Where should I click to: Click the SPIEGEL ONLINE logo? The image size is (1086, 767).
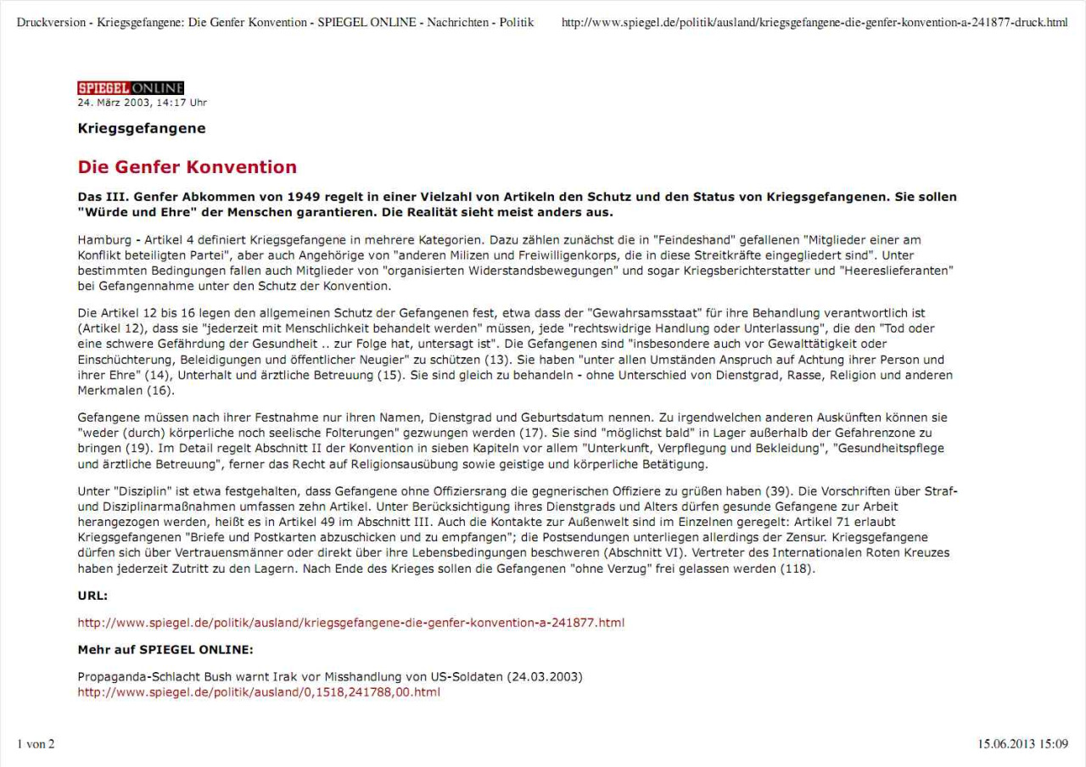pyautogui.click(x=131, y=88)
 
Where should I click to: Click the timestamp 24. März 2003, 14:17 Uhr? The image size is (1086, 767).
pyautogui.click(x=142, y=103)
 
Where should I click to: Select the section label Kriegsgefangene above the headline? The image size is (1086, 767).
pyautogui.click(x=142, y=129)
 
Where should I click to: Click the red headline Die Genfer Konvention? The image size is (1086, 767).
pyautogui.click(x=187, y=166)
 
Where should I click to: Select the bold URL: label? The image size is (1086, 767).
pyautogui.click(x=92, y=596)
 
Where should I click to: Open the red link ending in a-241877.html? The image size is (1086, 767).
pyautogui.click(x=350, y=623)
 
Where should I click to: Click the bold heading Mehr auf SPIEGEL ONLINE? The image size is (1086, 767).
pyautogui.click(x=165, y=650)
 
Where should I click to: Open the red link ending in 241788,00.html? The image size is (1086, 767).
pyautogui.click(x=259, y=692)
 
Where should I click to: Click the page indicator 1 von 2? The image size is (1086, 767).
pyautogui.click(x=36, y=744)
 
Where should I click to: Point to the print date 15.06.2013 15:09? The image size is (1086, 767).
pyautogui.click(x=1022, y=744)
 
